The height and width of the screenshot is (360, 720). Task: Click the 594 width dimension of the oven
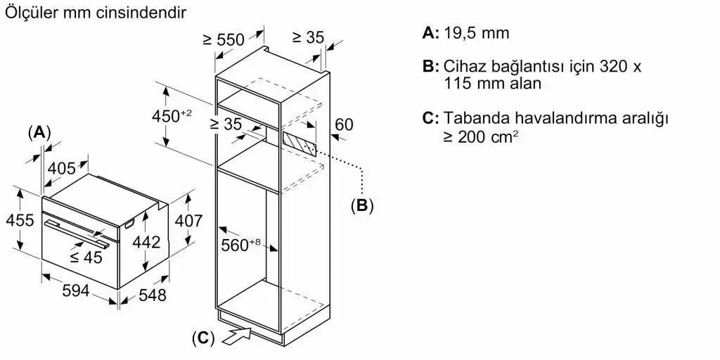pos(76,290)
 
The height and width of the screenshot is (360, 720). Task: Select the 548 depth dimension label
pos(152,295)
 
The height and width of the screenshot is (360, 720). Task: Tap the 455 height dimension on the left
pos(20,220)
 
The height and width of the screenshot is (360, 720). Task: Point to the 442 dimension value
pos(146,242)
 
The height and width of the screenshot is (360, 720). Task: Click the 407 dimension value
pos(188,221)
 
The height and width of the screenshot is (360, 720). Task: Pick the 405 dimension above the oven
pos(62,169)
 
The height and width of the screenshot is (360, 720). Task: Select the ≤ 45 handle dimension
pos(86,257)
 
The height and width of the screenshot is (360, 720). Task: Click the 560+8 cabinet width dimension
pos(240,245)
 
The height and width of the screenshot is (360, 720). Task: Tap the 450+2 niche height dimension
pos(172,116)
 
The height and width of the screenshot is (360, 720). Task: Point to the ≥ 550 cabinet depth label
pos(224,39)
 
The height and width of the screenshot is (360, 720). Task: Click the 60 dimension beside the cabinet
pos(345,124)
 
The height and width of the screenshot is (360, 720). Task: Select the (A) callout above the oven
pos(39,133)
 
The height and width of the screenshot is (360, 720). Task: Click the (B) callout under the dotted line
pos(362,205)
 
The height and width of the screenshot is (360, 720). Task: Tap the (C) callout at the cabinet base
pos(203,338)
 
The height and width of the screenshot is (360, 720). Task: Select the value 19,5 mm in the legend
pos(477,33)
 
